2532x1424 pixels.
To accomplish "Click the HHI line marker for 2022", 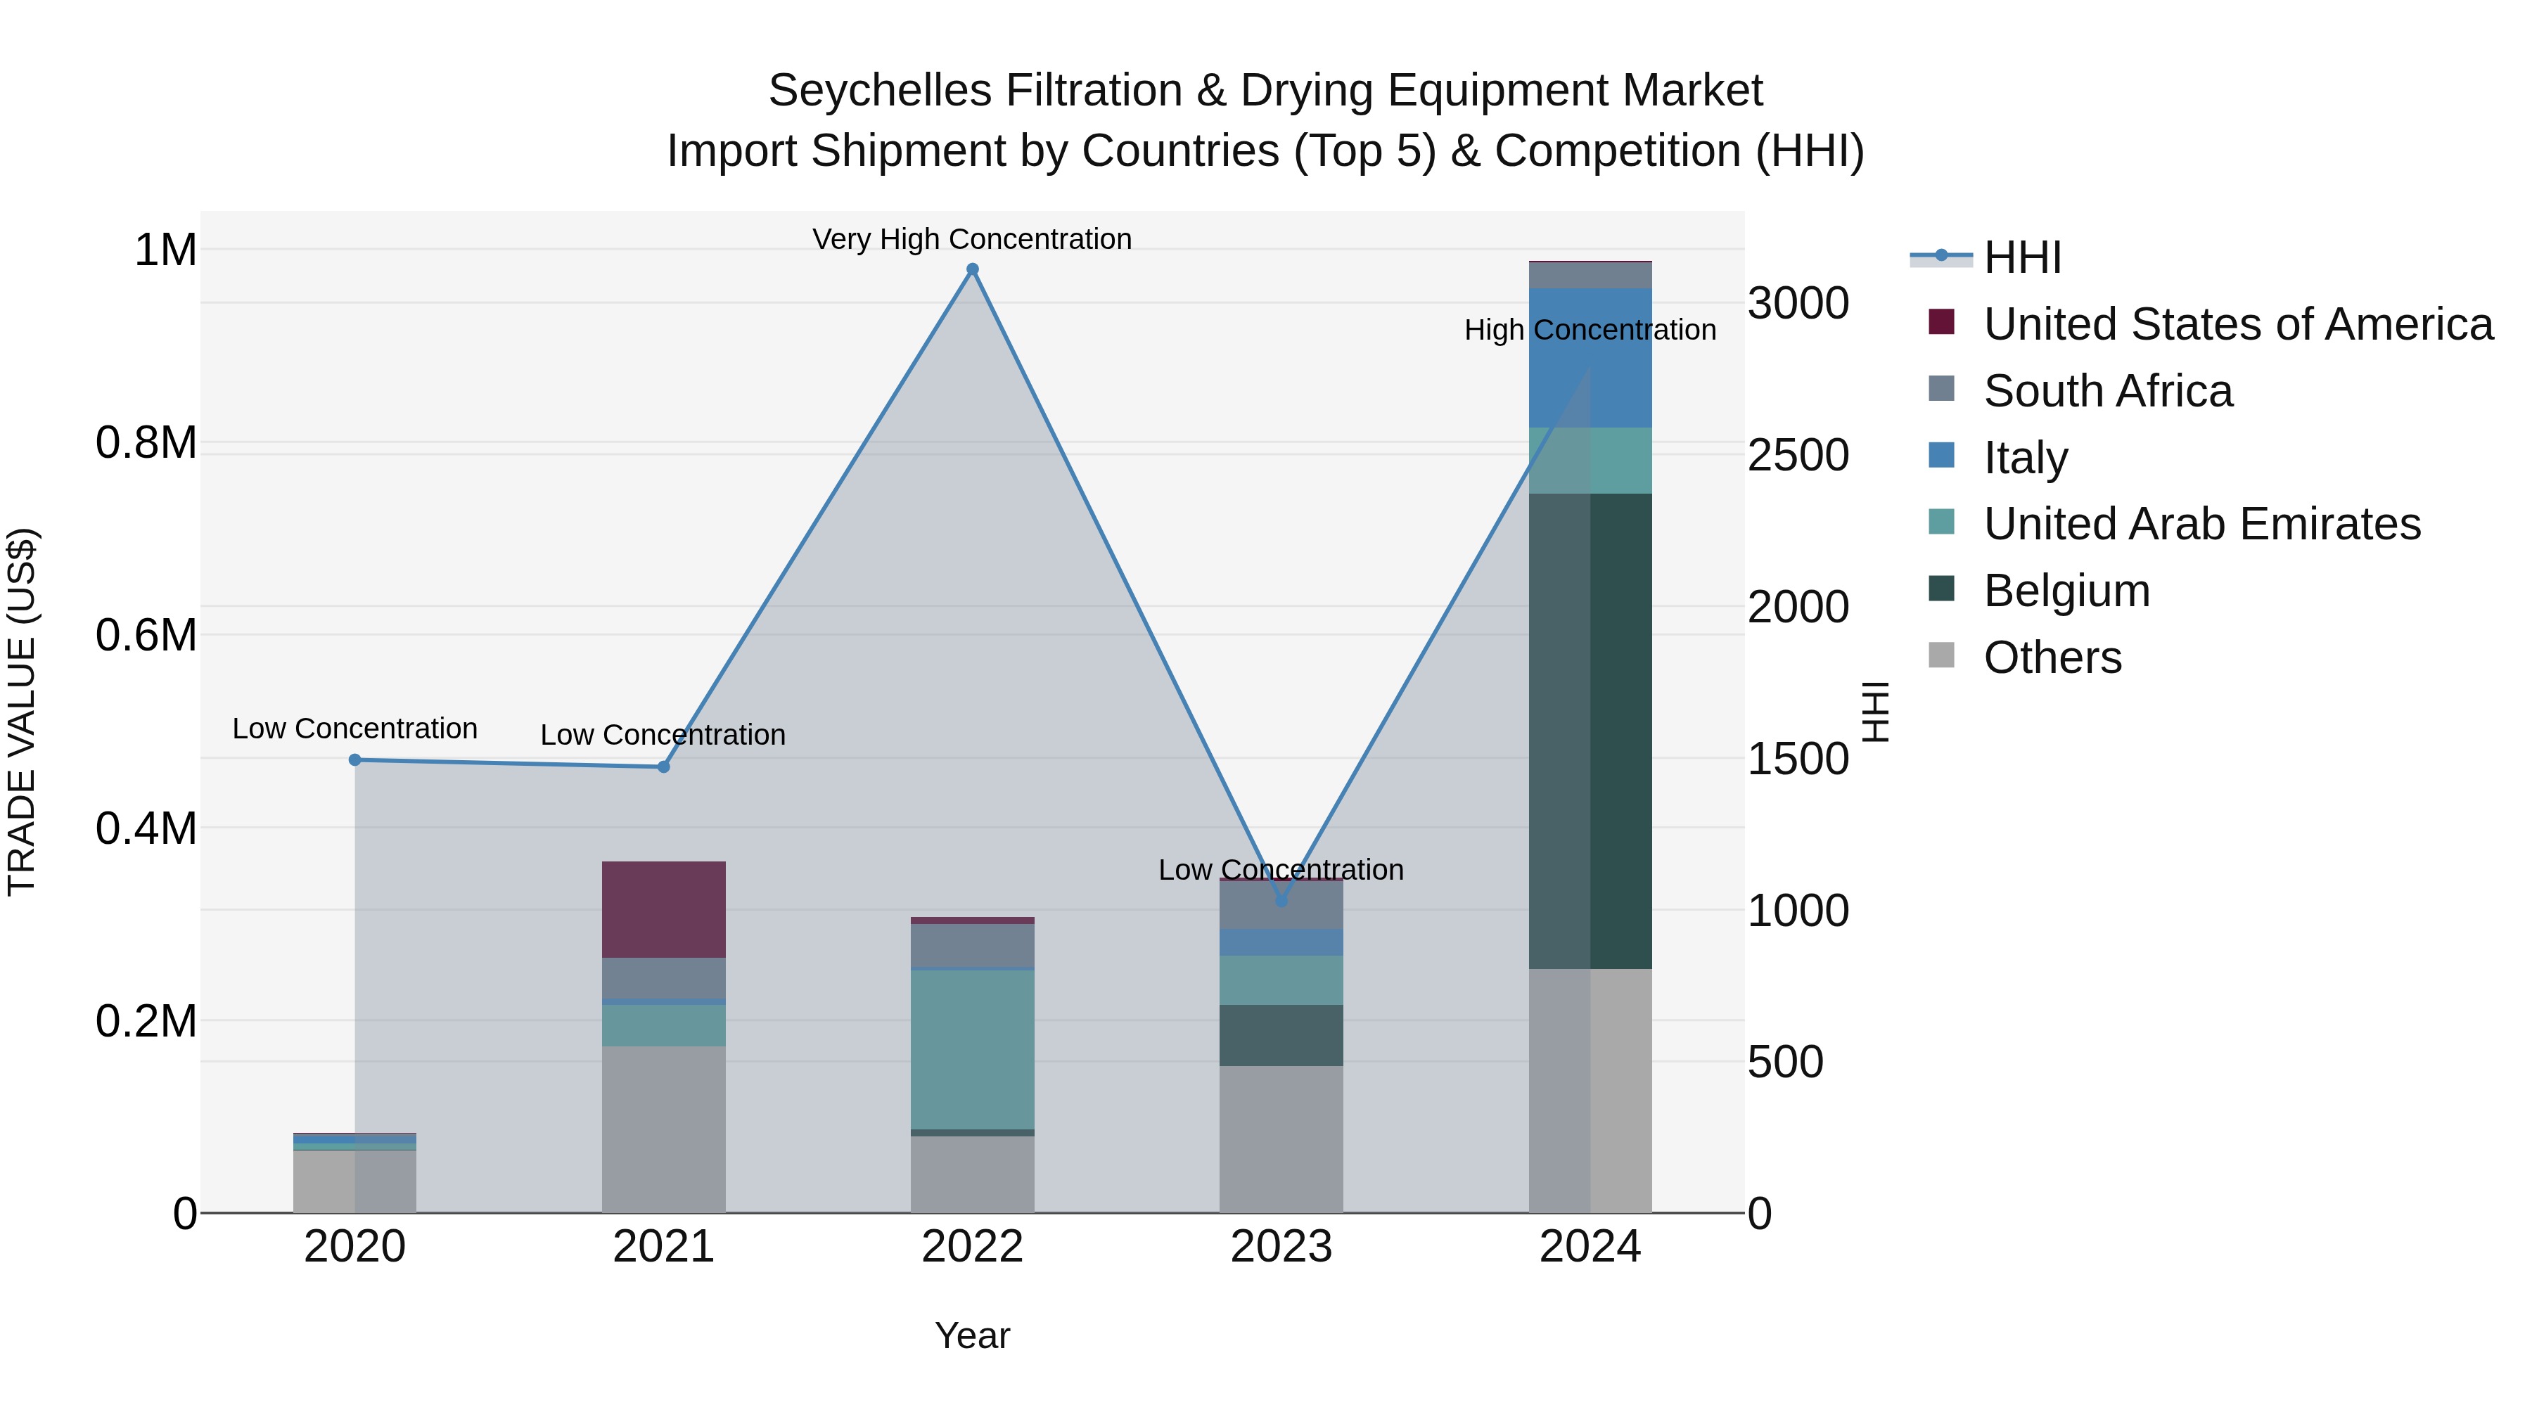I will click(x=972, y=269).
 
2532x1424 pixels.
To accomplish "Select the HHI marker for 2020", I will click(x=355, y=759).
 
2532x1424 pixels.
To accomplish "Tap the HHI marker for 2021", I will click(x=663, y=766).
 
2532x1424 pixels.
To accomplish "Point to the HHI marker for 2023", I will click(x=1281, y=900).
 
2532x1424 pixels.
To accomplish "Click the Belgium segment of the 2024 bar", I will click(x=1590, y=731).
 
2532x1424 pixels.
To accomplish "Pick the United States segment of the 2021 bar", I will click(x=663, y=909).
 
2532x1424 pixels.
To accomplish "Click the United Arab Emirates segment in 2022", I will click(x=972, y=1050).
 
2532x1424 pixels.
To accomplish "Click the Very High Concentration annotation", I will click(x=972, y=239).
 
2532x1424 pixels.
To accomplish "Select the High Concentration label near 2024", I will click(x=1590, y=331).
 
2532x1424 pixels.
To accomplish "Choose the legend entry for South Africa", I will click(x=2107, y=391).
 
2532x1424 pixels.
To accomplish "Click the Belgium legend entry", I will click(x=2066, y=591).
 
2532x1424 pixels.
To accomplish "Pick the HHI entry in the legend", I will click(x=2022, y=257).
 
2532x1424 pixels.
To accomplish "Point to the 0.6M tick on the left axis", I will click(x=146, y=636).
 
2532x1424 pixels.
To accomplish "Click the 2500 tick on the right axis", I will click(x=1798, y=455).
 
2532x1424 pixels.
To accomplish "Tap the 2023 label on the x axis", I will click(x=1281, y=1247).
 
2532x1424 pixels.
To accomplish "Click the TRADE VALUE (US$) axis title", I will click(x=23, y=712).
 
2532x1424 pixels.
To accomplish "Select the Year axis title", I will click(x=972, y=1335).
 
